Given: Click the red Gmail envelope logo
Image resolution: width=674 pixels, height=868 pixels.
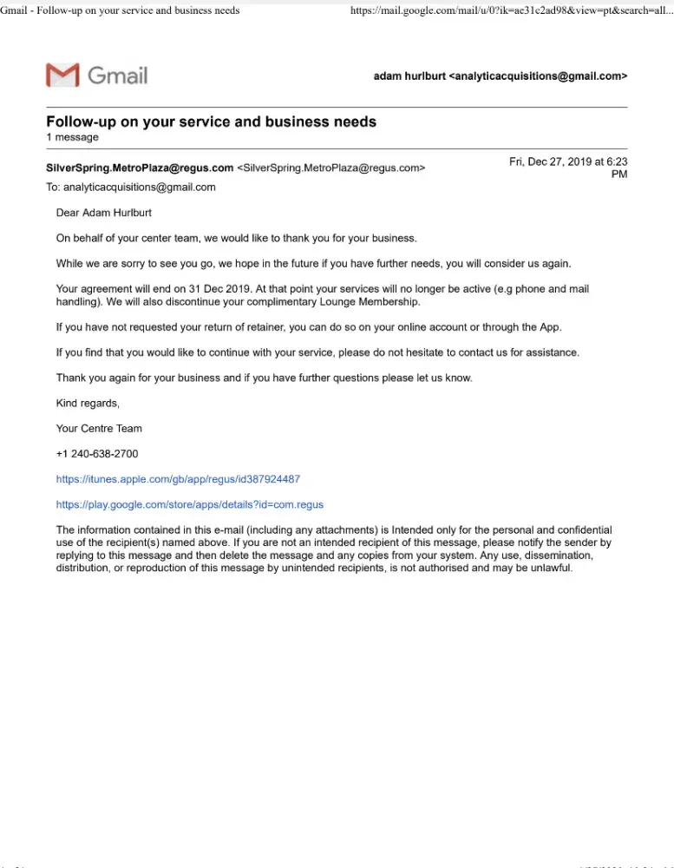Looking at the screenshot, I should pyautogui.click(x=62, y=75).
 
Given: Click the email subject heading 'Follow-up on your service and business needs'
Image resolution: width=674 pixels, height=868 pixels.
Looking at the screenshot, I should pyautogui.click(x=211, y=122).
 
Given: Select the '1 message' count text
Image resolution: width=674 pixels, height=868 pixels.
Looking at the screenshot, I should pyautogui.click(x=72, y=137).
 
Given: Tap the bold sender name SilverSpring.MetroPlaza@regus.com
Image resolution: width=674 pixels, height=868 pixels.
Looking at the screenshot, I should pyautogui.click(x=140, y=168).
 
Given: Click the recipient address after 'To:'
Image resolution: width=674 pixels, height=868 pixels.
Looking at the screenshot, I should pyautogui.click(x=140, y=187).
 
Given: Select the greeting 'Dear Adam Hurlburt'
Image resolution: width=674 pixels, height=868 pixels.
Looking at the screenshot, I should pyautogui.click(x=103, y=213).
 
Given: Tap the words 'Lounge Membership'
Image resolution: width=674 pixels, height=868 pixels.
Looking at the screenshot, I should pyautogui.click(x=374, y=302).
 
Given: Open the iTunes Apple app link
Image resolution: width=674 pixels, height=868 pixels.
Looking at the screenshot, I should pyautogui.click(x=178, y=479).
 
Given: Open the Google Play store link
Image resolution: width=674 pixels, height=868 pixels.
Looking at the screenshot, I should pyautogui.click(x=189, y=504).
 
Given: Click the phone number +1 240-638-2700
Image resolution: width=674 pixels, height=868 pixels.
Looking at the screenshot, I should pyautogui.click(x=97, y=454).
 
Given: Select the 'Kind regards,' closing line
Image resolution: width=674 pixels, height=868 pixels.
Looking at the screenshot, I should pyautogui.click(x=88, y=403).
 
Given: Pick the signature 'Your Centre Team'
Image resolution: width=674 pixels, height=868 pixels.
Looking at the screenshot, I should pyautogui.click(x=99, y=428).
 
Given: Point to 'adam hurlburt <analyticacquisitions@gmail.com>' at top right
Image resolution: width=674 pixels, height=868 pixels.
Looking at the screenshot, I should pyautogui.click(x=500, y=76).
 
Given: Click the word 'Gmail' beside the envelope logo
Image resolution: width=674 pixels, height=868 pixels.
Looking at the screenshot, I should pyautogui.click(x=118, y=76).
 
